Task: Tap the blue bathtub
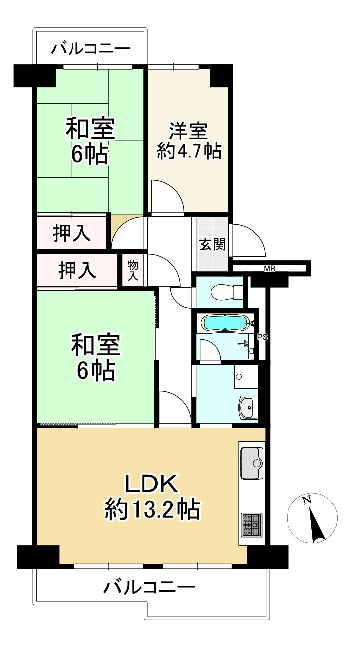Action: point(224,323)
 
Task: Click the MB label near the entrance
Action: point(270,269)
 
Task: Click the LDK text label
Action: point(151,483)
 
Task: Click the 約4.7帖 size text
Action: point(189,151)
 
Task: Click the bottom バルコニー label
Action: point(149,588)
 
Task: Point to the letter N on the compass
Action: point(307,501)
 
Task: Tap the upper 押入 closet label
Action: point(72,234)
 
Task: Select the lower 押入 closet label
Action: point(77,270)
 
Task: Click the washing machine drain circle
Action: point(239,377)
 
